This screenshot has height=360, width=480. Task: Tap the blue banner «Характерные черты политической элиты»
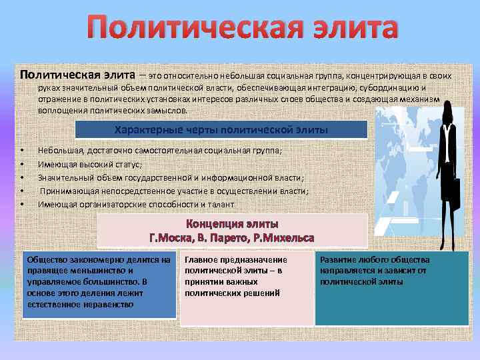(221, 129)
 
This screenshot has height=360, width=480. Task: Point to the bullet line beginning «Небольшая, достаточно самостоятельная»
(159, 151)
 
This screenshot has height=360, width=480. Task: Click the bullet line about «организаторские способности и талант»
(136, 204)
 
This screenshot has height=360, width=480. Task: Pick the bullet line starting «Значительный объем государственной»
(171, 177)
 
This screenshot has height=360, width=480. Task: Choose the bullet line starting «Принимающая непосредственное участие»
(173, 191)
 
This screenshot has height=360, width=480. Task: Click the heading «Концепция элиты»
(232, 224)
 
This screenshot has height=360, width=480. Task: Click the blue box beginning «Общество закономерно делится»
(98, 284)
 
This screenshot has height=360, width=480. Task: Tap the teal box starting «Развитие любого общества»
(391, 287)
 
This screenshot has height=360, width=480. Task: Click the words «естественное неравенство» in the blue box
(80, 304)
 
